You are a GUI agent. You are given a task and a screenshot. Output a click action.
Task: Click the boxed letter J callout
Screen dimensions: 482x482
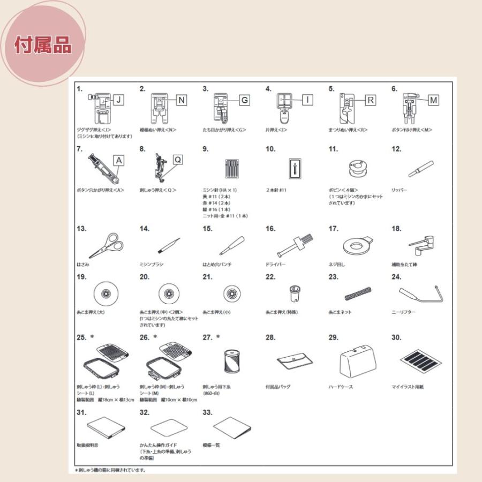(x=118, y=99)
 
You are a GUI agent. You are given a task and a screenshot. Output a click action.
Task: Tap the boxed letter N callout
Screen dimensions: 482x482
(x=182, y=99)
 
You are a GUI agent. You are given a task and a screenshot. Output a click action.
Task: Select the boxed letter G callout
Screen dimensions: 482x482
(x=244, y=100)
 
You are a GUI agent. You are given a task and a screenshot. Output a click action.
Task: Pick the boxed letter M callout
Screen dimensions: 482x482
(x=433, y=99)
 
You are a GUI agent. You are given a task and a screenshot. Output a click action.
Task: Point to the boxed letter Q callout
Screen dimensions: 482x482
(x=178, y=160)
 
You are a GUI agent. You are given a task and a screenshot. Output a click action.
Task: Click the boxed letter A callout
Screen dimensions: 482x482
(x=118, y=159)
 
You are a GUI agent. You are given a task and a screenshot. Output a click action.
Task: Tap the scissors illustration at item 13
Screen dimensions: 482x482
(x=105, y=246)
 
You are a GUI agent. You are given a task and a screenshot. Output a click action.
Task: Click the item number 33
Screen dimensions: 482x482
(x=208, y=412)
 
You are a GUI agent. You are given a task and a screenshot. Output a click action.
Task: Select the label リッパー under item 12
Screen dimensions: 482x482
(x=400, y=190)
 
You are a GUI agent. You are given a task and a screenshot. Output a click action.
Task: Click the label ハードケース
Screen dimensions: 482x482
(x=341, y=386)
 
